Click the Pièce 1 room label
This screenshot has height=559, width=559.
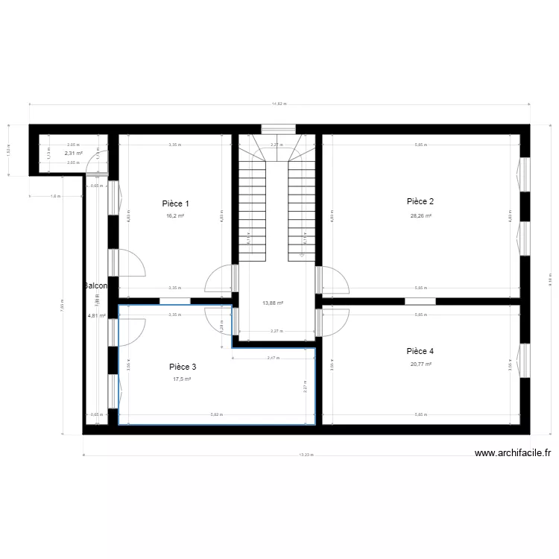click(x=176, y=203)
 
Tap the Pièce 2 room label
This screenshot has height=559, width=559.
click(x=420, y=201)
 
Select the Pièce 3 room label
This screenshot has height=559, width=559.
click(x=183, y=367)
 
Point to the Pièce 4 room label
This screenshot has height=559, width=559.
click(x=420, y=351)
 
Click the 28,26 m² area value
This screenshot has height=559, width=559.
click(x=420, y=216)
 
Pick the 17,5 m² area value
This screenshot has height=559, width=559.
click(x=182, y=379)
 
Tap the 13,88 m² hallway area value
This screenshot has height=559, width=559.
click(x=274, y=303)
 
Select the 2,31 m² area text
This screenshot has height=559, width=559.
click(x=73, y=153)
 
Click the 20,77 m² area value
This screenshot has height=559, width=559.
click(x=420, y=364)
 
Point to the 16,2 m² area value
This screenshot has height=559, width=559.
click(x=175, y=216)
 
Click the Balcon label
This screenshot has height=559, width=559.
click(x=96, y=286)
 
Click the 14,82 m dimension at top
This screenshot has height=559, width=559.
click(x=278, y=104)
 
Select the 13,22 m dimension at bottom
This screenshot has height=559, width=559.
click(x=306, y=455)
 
